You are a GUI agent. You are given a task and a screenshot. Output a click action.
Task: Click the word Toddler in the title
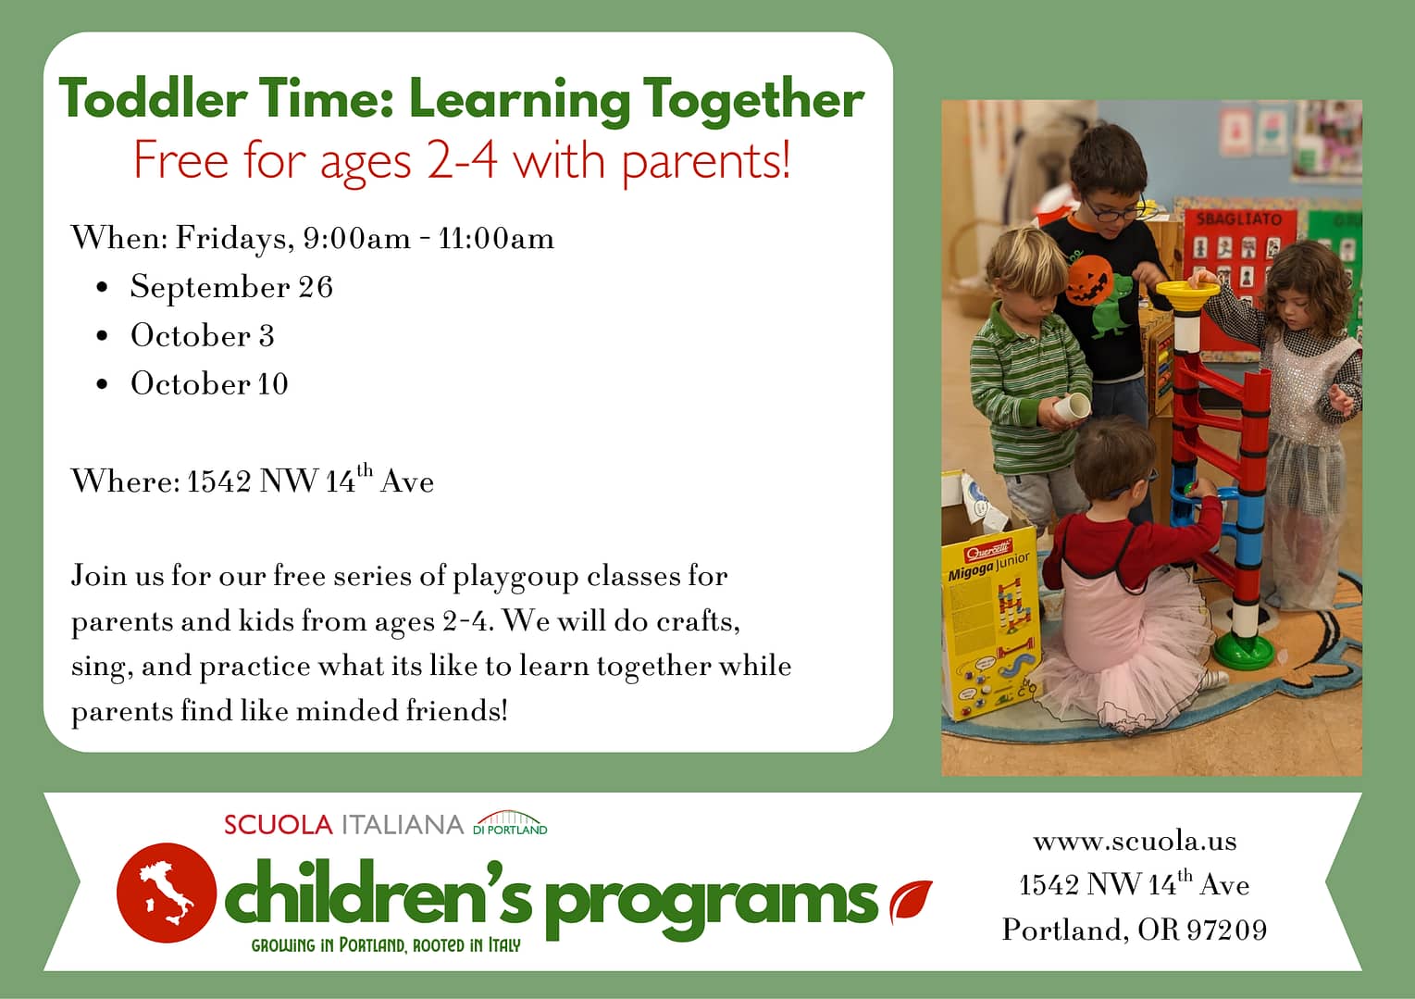[153, 99]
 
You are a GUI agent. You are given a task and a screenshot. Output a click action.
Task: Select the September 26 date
[231, 288]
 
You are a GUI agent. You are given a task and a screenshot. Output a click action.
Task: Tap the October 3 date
[202, 335]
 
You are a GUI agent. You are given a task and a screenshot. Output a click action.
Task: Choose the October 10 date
[209, 383]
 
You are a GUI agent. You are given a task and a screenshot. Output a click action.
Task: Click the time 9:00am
[357, 238]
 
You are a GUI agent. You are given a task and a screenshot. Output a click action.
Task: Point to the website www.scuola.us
[1136, 841]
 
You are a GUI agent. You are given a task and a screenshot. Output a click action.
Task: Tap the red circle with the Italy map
[167, 893]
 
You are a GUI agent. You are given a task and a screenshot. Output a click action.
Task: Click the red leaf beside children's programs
[911, 901]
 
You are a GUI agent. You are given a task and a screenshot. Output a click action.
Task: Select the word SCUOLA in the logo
[278, 825]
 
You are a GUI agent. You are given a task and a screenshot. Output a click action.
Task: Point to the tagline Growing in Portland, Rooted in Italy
[386, 945]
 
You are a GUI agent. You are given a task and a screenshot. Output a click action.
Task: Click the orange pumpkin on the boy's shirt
[1090, 280]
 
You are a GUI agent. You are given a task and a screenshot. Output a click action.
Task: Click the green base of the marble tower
[1243, 651]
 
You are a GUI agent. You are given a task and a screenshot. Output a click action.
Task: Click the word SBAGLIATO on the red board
[1239, 219]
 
